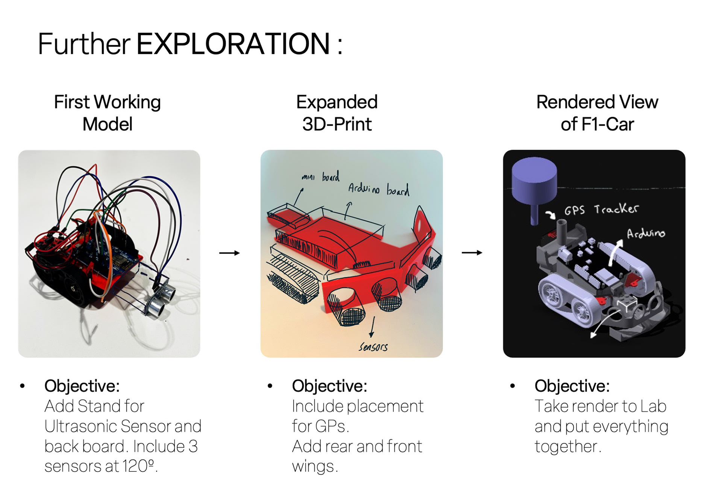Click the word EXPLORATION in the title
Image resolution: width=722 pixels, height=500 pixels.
coord(233,44)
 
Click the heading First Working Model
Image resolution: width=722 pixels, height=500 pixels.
coord(108,113)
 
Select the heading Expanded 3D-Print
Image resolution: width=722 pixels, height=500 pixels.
coord(337,113)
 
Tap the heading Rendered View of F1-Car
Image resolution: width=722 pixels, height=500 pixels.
coord(597,113)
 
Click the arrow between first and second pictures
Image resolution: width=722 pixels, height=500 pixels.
coord(229,253)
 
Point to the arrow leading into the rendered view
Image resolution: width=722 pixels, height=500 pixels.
coord(472,253)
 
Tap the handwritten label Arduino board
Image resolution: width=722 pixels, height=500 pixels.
coord(378,189)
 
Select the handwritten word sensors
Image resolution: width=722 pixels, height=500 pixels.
coord(373,347)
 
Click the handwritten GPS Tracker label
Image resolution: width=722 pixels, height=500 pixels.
coord(601,209)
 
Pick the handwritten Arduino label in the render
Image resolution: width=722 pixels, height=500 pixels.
coord(646,234)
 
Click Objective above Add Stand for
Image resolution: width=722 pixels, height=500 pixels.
coord(82,386)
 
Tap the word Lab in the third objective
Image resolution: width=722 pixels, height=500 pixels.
coord(654,406)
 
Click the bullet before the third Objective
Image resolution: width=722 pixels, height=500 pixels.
coord(512,386)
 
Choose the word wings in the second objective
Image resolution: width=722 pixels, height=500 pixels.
coord(313,467)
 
